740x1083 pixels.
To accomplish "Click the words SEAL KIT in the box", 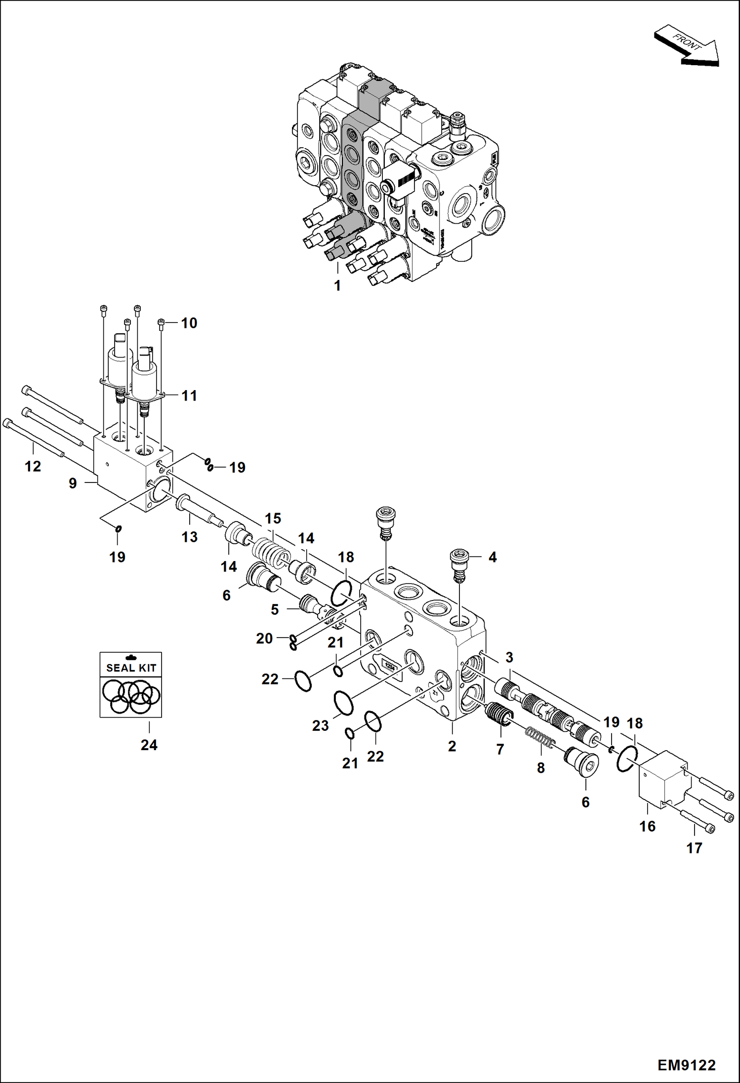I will click(x=131, y=668).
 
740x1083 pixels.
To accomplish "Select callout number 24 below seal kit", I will click(x=149, y=745).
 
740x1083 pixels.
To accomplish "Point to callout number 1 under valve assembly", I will click(x=337, y=285).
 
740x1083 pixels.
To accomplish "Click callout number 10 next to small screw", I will click(x=189, y=323).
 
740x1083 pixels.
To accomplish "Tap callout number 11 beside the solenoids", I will click(x=189, y=396).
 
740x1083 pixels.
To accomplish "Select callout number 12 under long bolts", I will click(x=33, y=466).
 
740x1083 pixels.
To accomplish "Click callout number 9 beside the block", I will click(x=73, y=483).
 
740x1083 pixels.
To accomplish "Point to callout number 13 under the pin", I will click(x=189, y=537).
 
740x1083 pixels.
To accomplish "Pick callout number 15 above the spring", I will click(x=273, y=519).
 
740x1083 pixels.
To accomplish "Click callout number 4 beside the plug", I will click(x=492, y=557).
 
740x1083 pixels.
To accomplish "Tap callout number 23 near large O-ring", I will click(x=320, y=725).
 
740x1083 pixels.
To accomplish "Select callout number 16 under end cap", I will click(x=647, y=826).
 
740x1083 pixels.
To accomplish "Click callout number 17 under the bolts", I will click(x=694, y=848).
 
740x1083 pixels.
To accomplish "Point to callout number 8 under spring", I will click(x=541, y=768).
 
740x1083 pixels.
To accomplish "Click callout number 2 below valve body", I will click(x=452, y=746).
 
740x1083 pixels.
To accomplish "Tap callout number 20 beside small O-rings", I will click(x=264, y=639).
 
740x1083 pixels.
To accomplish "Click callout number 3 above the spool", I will click(x=509, y=657).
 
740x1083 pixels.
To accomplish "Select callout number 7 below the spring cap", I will click(x=500, y=749).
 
